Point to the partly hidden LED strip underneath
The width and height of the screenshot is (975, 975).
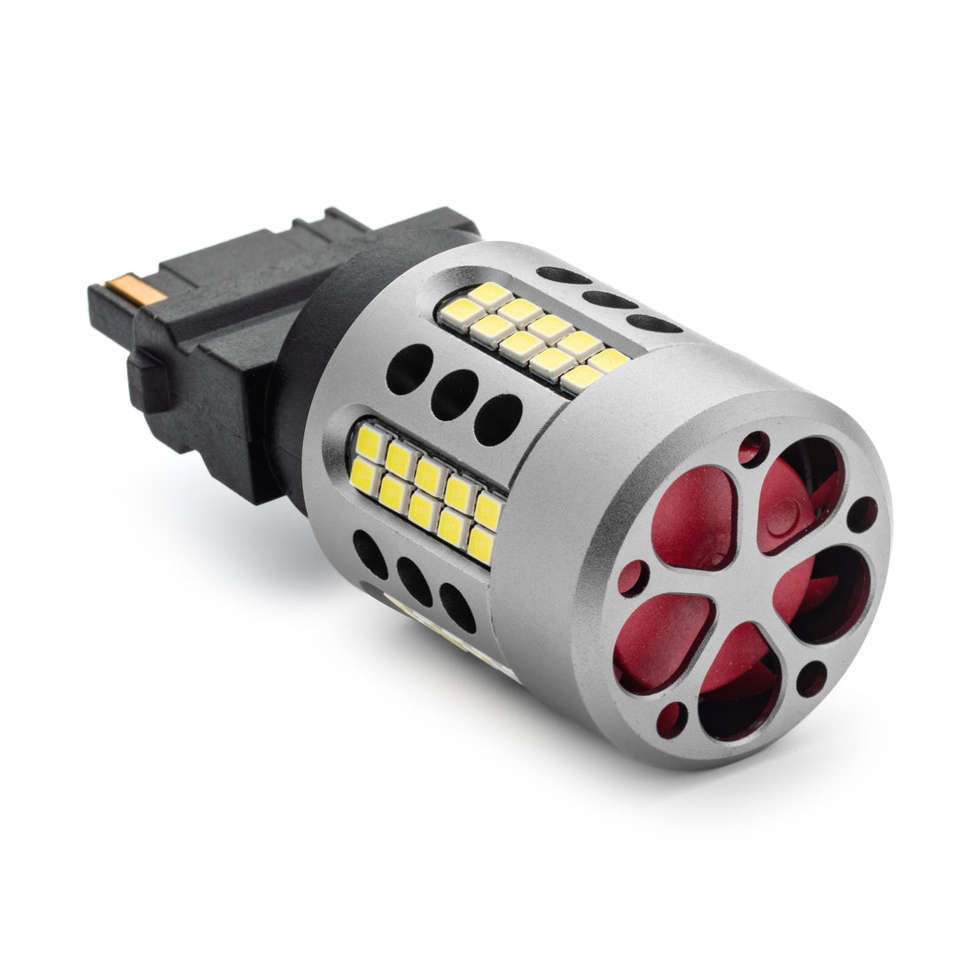click(443, 634)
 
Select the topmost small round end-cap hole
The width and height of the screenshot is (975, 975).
click(754, 448)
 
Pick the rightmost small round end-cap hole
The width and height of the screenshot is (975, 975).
click(862, 515)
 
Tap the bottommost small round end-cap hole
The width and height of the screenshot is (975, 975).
click(672, 719)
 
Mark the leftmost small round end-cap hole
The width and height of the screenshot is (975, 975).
click(633, 578)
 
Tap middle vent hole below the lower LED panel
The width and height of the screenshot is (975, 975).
click(413, 581)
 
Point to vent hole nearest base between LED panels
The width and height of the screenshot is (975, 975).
click(409, 368)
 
